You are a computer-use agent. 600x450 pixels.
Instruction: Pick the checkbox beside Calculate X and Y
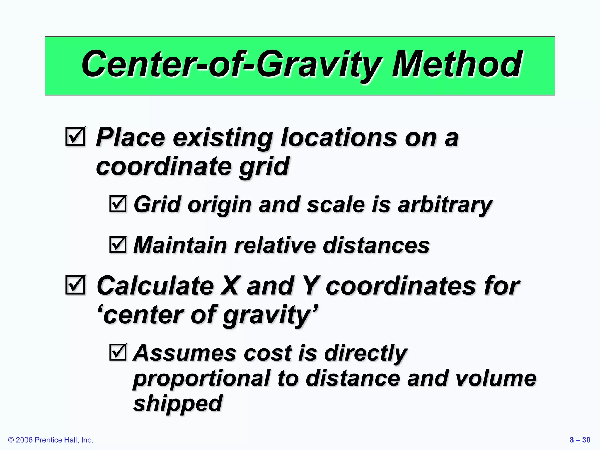click(x=75, y=285)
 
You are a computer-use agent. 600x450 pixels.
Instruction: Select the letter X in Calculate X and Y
click(x=231, y=286)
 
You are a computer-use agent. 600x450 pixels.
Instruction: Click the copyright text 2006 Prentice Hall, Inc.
click(x=51, y=440)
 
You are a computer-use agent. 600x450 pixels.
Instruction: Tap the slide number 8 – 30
click(x=580, y=440)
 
